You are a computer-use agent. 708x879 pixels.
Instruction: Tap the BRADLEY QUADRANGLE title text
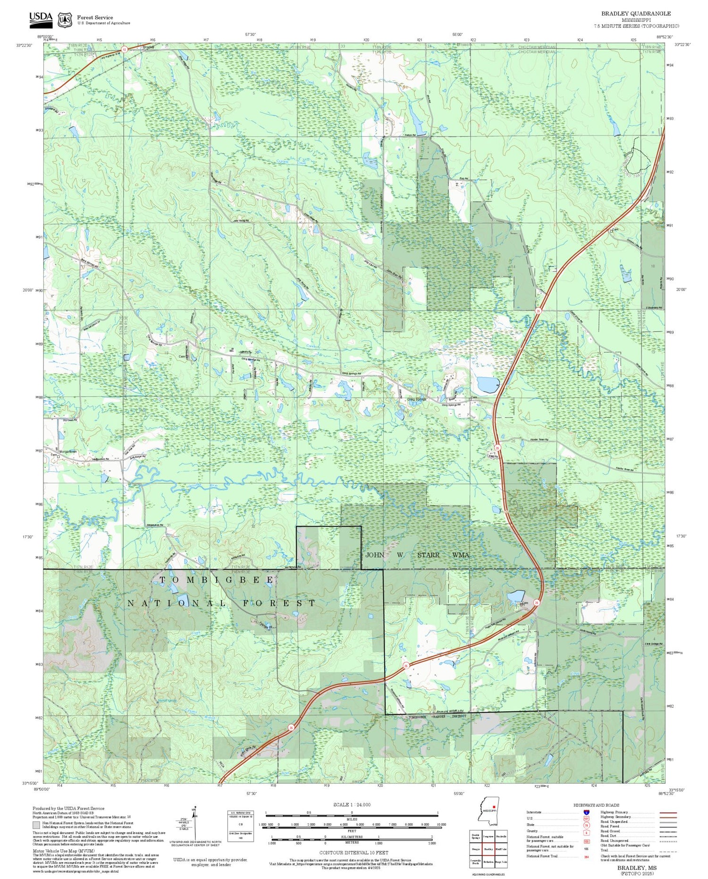click(x=636, y=13)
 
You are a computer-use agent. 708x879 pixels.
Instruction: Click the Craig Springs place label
click(x=416, y=399)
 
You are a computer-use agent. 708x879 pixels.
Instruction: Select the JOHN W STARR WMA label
click(x=417, y=555)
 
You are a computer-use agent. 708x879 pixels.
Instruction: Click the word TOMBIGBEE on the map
click(x=216, y=579)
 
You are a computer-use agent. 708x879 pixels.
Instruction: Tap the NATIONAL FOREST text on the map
click(x=222, y=603)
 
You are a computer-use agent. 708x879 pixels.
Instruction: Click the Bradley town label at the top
click(x=148, y=47)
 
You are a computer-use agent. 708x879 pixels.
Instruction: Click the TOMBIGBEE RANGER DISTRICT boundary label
click(x=438, y=716)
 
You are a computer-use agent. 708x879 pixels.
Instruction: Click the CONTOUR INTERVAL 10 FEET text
click(x=354, y=853)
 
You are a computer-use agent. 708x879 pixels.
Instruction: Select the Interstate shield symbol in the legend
click(x=586, y=812)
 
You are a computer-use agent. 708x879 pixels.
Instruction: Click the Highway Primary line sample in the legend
click(x=666, y=812)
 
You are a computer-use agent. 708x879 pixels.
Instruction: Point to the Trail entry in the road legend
click(x=604, y=850)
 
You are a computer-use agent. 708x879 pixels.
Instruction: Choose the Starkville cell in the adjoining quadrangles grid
click(x=501, y=836)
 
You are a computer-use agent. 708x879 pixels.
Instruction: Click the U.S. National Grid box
click(x=241, y=826)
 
